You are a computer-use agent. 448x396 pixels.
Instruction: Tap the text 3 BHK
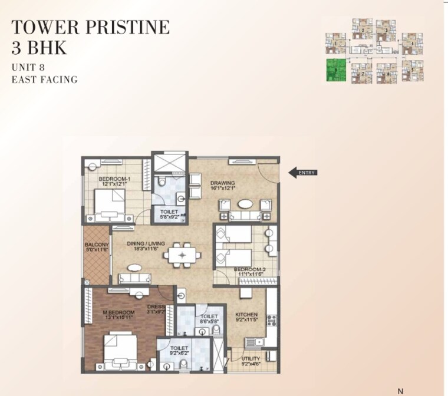tap(39, 48)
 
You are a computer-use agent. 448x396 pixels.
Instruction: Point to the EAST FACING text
tap(44, 79)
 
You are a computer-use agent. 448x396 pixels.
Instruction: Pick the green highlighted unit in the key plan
tap(337, 70)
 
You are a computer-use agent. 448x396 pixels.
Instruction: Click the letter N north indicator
tap(401, 391)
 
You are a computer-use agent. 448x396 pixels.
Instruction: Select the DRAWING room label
tap(223, 183)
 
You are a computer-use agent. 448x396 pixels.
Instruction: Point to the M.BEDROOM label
tap(117, 312)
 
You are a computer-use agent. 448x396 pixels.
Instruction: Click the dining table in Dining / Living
tap(183, 255)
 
